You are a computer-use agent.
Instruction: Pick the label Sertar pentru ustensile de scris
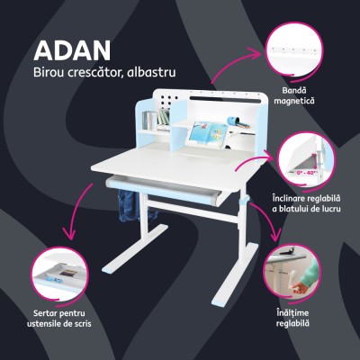point(56,316)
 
